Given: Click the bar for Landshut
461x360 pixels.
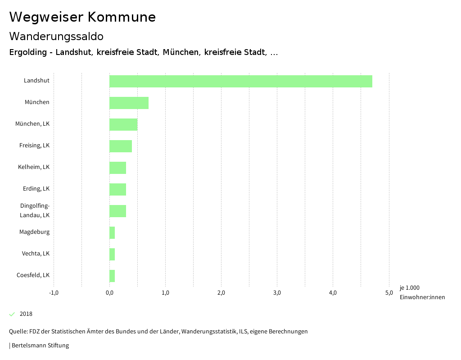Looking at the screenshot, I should point(241,81).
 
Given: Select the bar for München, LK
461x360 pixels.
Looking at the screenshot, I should point(123,124).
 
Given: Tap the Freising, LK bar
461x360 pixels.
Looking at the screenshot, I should point(121,146).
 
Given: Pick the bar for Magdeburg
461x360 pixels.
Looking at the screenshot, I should point(112,232).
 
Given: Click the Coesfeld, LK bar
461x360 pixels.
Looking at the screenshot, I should point(112,276).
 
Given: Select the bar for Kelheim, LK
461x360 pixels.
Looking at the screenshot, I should point(118,168).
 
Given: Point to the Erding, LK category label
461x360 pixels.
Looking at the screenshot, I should point(36,188).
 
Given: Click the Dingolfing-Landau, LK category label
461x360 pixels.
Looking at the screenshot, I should point(35,210).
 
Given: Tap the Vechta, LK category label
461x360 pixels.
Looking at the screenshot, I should point(36,253).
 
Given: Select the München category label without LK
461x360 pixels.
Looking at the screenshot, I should point(37,102).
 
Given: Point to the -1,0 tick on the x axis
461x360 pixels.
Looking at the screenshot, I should point(54,293).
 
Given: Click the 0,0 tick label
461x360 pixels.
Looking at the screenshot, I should point(109,293).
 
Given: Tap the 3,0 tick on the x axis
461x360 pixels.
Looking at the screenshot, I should point(277,293).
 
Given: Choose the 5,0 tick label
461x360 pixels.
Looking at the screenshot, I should point(389,293).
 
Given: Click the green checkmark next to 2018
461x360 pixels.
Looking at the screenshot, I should point(12,314).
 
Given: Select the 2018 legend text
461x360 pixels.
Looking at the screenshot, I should point(26,314).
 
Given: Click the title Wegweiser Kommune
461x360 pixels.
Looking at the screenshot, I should point(82,17).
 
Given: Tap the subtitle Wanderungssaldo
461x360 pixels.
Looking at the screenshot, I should point(56,36).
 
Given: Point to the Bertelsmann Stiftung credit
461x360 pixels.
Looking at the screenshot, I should point(39,346).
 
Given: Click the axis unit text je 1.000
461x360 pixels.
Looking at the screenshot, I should point(409,288).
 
